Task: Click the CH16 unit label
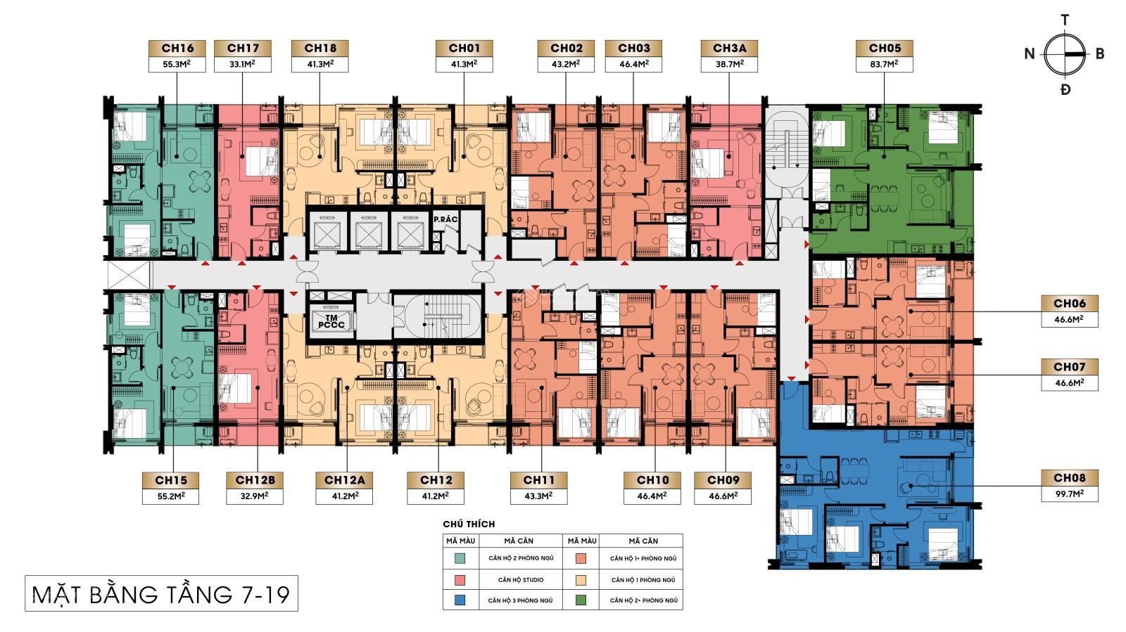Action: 177,49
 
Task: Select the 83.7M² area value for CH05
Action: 884,64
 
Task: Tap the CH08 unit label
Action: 1070,478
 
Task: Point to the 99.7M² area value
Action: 1070,494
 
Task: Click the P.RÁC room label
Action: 446,219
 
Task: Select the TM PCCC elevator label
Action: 331,321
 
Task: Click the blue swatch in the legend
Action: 460,600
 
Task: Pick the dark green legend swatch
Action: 581,600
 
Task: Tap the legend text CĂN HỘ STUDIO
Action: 521,580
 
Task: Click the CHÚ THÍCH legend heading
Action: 469,524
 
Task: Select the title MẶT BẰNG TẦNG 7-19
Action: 161,595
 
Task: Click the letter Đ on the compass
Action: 1065,90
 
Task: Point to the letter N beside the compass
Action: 1030,53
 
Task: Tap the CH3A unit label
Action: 729,49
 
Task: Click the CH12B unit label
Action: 255,480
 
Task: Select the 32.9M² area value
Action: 255,496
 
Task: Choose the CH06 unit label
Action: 1070,303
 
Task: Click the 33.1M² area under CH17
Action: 242,64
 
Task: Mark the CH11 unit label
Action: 539,480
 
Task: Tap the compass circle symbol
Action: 1065,54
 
